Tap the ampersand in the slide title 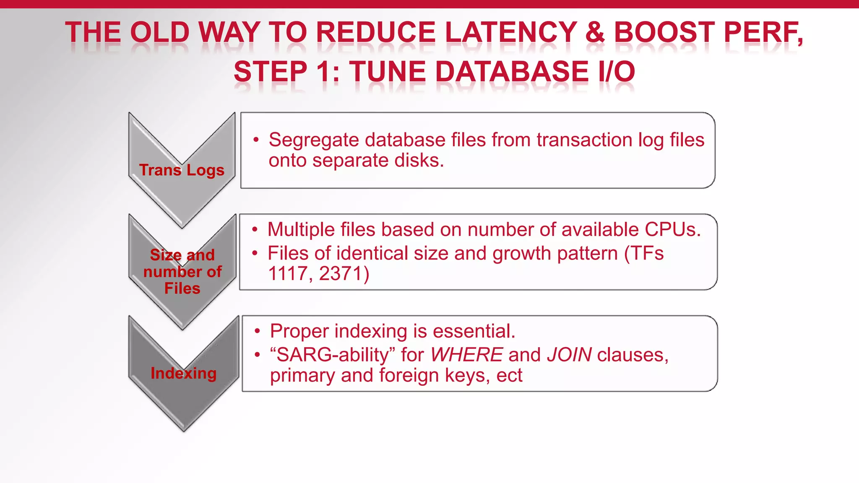[595, 33]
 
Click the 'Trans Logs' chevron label [182, 170]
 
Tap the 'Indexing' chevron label [183, 373]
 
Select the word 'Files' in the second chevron [182, 288]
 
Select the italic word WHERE [466, 355]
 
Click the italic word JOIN [569, 355]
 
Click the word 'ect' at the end [509, 376]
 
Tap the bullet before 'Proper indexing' [258, 332]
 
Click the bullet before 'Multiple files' [255, 230]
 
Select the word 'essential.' [474, 331]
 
